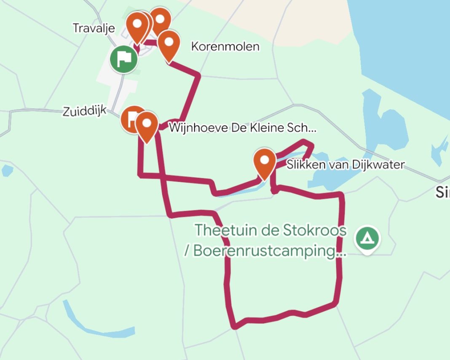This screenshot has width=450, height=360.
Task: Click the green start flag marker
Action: tap(123, 59)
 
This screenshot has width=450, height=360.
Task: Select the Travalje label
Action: tap(94, 28)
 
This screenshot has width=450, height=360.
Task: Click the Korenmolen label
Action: tap(225, 46)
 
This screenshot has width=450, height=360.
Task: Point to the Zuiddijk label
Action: tap(84, 111)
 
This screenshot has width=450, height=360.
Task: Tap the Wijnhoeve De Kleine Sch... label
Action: tap(242, 128)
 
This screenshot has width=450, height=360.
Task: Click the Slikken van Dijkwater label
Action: tap(345, 164)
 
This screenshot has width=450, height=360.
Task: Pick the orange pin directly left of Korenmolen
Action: tap(169, 43)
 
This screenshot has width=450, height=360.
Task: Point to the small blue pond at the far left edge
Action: tap(7, 170)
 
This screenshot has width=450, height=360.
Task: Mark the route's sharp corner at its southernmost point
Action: tap(234, 326)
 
